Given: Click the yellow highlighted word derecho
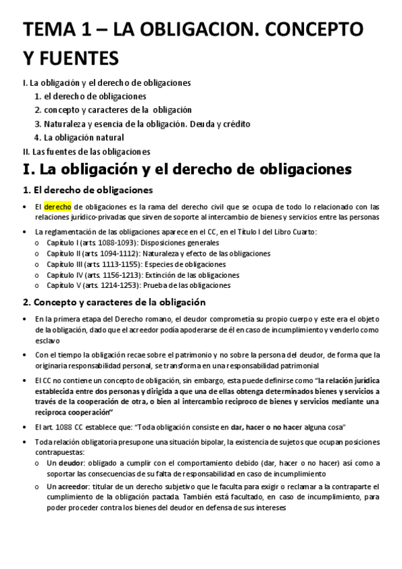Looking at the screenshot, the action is [x=58, y=207].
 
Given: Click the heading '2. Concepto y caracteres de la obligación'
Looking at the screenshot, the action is [x=113, y=303].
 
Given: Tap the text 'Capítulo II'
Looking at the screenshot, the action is [x=66, y=253].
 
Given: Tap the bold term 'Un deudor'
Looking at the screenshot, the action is [x=65, y=464].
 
